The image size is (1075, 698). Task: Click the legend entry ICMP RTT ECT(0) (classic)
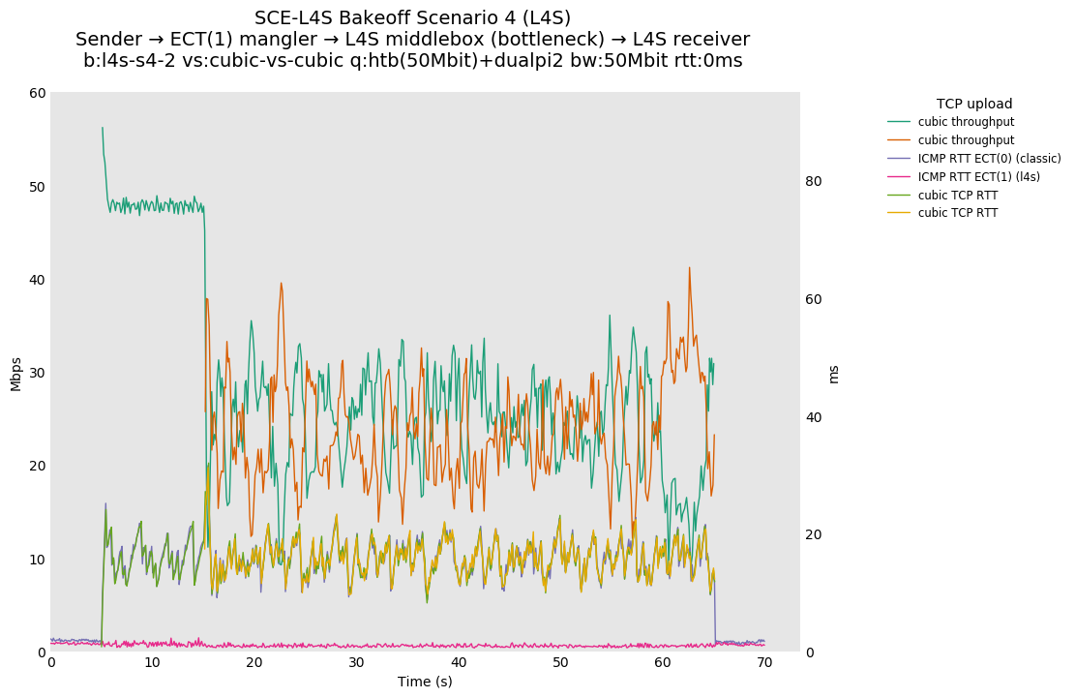click(x=989, y=159)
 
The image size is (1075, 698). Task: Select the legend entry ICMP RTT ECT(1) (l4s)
click(x=978, y=177)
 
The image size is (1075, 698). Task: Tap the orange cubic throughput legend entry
click(x=966, y=140)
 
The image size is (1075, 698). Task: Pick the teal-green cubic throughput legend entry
click(x=966, y=122)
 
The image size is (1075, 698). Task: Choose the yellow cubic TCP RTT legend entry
click(x=958, y=213)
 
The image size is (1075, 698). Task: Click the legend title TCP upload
click(x=973, y=104)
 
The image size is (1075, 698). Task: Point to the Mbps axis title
click(x=16, y=374)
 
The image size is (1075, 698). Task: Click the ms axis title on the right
click(x=834, y=374)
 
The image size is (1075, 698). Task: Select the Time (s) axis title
click(x=425, y=682)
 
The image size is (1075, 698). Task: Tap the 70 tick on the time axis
click(x=764, y=663)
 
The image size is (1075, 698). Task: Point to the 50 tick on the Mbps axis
click(x=37, y=187)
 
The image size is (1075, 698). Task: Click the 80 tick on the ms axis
click(x=814, y=182)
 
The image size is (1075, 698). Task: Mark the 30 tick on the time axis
click(x=356, y=663)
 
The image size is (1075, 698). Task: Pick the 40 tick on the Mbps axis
click(x=37, y=280)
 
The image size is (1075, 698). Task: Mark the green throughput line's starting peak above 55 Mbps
click(x=103, y=128)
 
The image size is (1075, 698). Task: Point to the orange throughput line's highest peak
click(x=689, y=268)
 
